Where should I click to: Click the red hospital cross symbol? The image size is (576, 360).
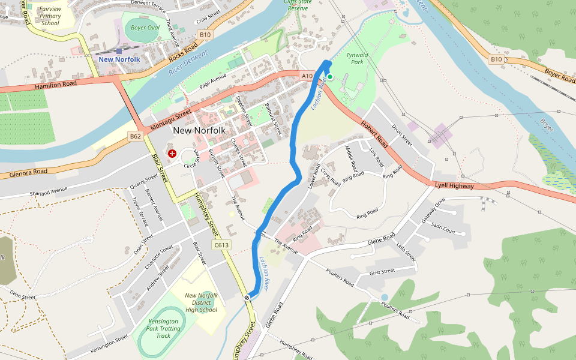tap(172, 154)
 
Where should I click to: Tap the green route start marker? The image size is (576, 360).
tap(329, 77)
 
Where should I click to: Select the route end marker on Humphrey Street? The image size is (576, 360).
tap(247, 298)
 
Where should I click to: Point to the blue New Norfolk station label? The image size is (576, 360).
tap(119, 59)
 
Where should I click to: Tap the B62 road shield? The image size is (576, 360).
tap(136, 136)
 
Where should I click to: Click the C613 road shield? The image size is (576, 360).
tap(221, 245)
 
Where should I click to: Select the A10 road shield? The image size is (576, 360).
tap(307, 76)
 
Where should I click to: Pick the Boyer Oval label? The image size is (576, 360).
tap(145, 28)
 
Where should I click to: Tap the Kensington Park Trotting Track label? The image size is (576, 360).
tap(163, 328)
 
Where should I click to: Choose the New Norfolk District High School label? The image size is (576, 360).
tap(201, 302)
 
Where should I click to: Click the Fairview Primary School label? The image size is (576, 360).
tap(50, 16)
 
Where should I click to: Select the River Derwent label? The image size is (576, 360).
tap(188, 63)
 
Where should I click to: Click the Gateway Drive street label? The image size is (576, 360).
tap(433, 212)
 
